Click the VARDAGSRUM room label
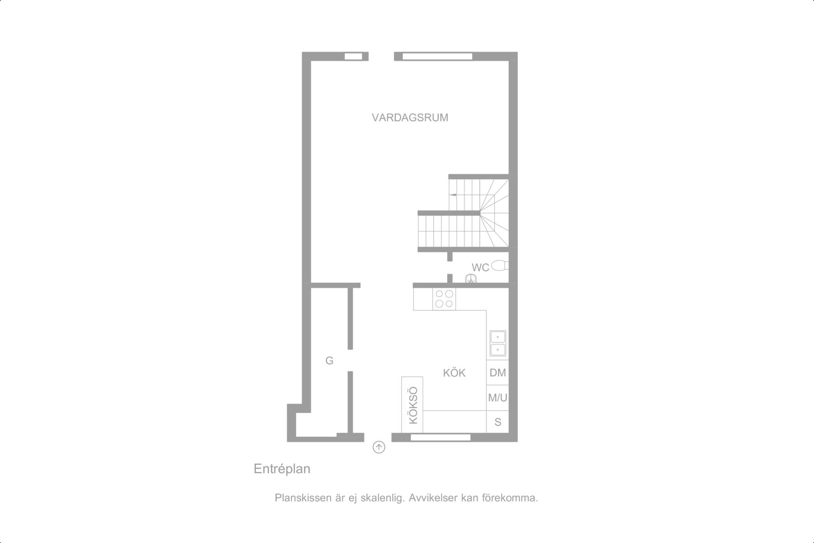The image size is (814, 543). (x=410, y=118)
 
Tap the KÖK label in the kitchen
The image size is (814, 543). (x=454, y=373)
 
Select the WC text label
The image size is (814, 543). (x=480, y=267)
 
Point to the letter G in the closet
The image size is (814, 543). (x=329, y=361)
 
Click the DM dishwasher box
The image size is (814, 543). (x=497, y=372)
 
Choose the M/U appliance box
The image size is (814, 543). (x=497, y=398)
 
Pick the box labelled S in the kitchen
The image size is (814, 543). (x=497, y=422)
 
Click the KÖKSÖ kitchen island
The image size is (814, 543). (x=412, y=405)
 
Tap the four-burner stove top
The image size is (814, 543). (x=444, y=299)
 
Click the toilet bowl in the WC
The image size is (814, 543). (x=500, y=265)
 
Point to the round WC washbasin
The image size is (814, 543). (x=471, y=279)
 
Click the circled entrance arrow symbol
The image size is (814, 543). (x=379, y=448)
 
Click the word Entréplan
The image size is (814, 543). (x=282, y=469)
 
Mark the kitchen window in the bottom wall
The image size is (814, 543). (x=440, y=437)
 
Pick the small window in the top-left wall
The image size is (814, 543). (x=354, y=56)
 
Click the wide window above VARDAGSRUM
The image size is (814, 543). (x=437, y=56)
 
